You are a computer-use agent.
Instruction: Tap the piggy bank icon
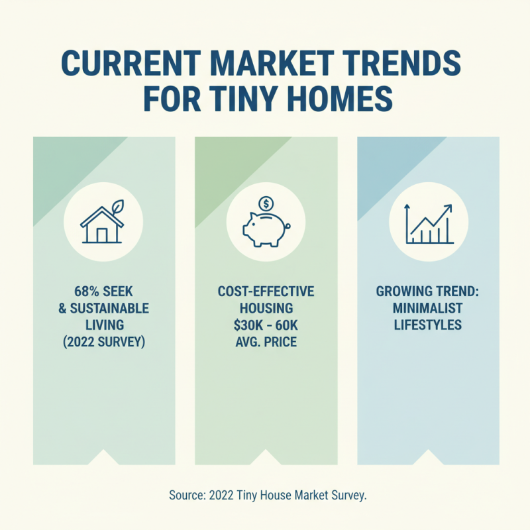(265, 228)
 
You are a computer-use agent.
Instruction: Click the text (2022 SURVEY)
(104, 342)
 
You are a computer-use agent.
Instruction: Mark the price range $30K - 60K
(266, 325)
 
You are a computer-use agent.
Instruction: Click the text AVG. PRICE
(266, 342)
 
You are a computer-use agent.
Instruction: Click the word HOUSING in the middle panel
(266, 309)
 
